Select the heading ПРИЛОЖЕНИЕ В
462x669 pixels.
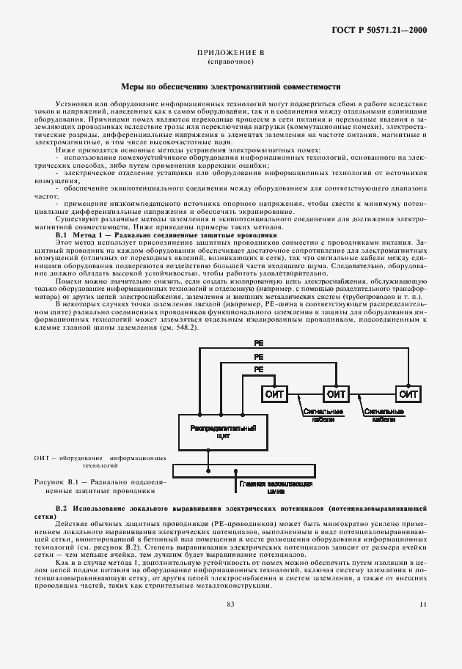pos(231,53)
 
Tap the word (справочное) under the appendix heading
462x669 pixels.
pos(231,62)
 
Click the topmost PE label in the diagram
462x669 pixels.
pos(258,343)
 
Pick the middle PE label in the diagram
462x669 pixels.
pos(258,356)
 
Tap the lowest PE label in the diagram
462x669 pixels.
pos(258,370)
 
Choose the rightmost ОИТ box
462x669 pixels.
pos(408,394)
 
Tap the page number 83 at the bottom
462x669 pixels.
pos(230,604)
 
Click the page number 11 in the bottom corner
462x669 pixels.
pos(422,604)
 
